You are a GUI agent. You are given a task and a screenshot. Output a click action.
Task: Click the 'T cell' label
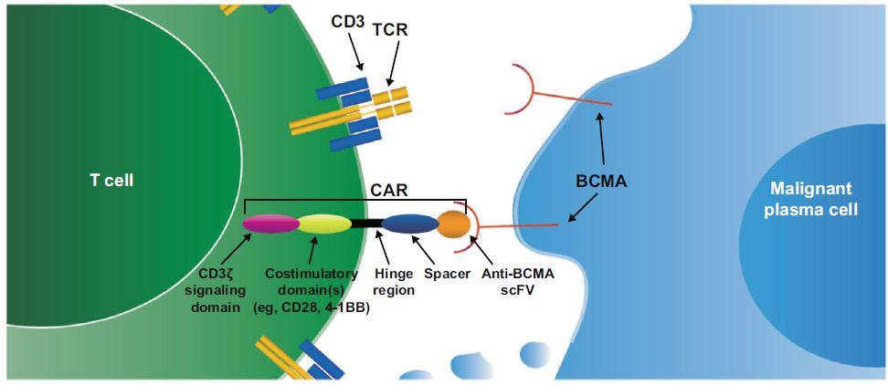pyautogui.click(x=111, y=180)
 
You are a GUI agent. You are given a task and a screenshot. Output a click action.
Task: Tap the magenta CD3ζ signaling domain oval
pyautogui.click(x=270, y=223)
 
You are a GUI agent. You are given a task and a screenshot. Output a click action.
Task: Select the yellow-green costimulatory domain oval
pyautogui.click(x=324, y=223)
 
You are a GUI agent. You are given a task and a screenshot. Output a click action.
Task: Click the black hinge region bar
pyautogui.click(x=366, y=223)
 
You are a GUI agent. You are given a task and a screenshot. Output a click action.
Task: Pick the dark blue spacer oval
pyautogui.click(x=408, y=223)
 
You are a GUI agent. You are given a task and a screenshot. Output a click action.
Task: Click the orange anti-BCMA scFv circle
pyautogui.click(x=451, y=223)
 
